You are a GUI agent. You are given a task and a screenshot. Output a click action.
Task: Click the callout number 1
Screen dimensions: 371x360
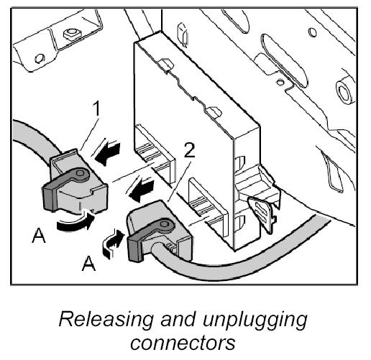[96, 109]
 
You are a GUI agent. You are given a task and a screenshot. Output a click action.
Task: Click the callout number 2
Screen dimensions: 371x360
[190, 150]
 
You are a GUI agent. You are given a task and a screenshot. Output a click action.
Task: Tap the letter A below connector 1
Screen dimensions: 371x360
[39, 236]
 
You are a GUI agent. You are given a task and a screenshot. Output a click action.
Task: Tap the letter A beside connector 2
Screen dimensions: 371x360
[88, 263]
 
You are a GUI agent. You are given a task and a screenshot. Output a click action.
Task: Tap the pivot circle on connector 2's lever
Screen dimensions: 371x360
[165, 224]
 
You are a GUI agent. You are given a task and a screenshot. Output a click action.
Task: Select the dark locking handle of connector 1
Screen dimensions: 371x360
[63, 189]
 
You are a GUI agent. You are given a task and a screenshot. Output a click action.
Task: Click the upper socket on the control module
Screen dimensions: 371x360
[155, 152]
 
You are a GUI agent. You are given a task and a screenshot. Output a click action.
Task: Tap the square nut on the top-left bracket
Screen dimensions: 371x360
[71, 34]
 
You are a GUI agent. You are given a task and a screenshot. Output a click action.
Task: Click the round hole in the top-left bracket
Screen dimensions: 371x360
[40, 58]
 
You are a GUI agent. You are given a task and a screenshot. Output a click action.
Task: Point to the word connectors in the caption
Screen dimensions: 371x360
[183, 343]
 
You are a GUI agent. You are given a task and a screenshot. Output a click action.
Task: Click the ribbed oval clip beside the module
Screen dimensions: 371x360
[260, 214]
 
